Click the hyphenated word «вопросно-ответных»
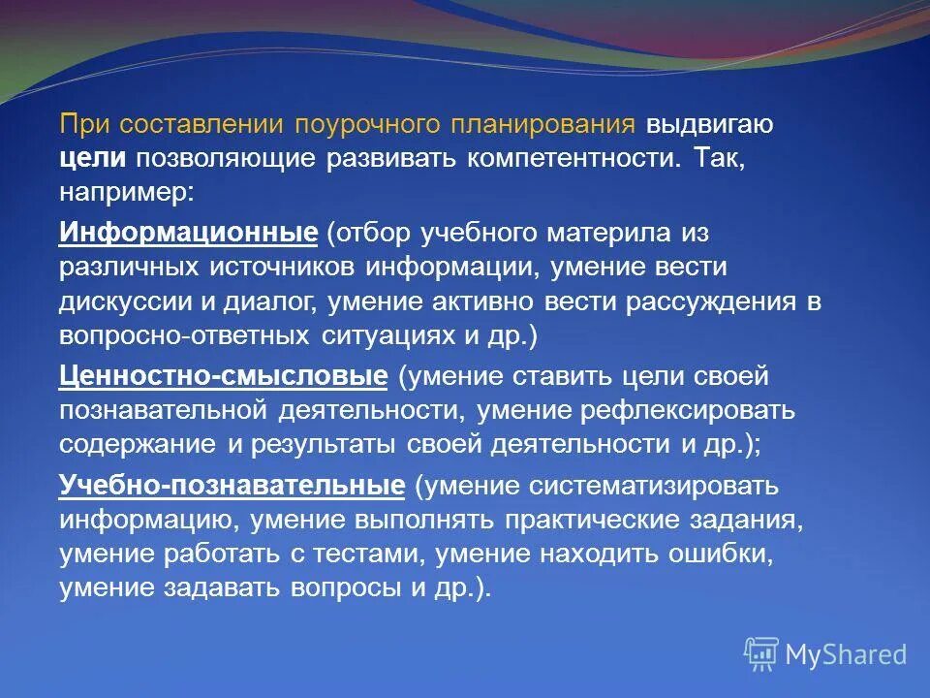click(182, 335)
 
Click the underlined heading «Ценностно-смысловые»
click(224, 375)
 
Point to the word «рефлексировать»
click(688, 410)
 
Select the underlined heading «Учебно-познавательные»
click(232, 485)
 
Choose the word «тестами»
click(352, 555)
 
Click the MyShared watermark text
click(845, 654)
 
